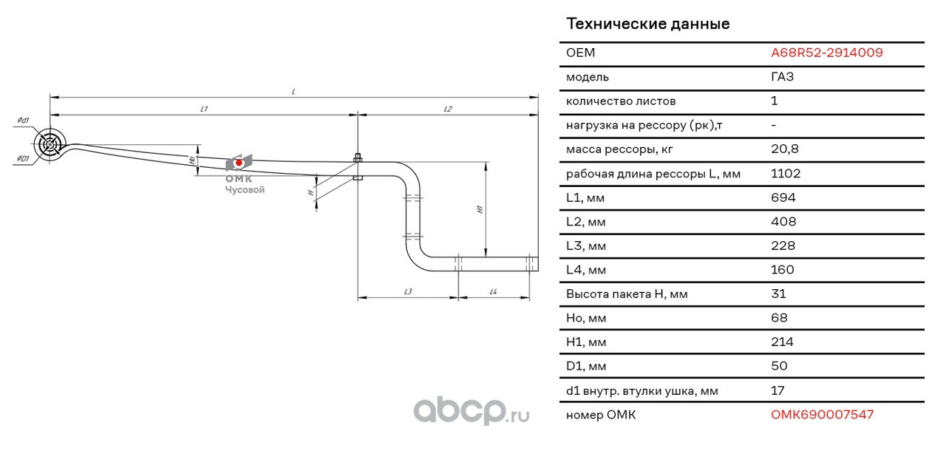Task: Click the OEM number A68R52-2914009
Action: tap(826, 53)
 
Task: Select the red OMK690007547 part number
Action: tap(822, 414)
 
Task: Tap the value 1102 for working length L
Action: tap(786, 173)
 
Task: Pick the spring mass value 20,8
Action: tap(785, 149)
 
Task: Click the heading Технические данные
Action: tap(648, 24)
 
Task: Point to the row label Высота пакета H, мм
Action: tap(627, 294)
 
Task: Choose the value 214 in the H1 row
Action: tap(782, 342)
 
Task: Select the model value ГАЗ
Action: tap(782, 76)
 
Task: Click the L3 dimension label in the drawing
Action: tap(407, 291)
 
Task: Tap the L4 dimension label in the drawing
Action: tap(493, 291)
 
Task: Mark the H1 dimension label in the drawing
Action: tap(480, 209)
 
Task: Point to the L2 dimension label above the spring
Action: tap(448, 109)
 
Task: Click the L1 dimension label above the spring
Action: tap(204, 109)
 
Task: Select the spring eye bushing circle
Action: tap(50, 144)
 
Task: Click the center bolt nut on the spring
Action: tap(358, 158)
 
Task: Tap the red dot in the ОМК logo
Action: tap(239, 163)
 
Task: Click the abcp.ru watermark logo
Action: tap(471, 410)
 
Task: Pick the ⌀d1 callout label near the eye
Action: tap(23, 121)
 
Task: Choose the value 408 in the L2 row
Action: tap(783, 221)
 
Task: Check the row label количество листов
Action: tap(621, 101)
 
